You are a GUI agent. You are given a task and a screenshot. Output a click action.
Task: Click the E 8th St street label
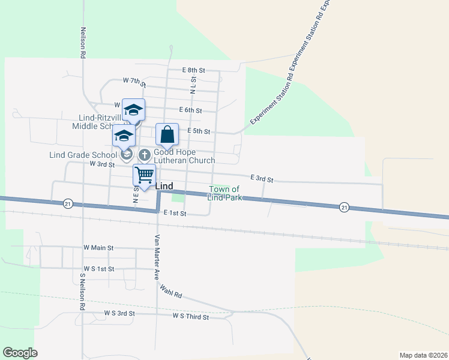[x=193, y=70]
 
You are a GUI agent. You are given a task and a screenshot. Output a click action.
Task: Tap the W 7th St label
[x=134, y=80]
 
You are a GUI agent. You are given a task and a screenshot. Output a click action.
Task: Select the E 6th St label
[x=190, y=110]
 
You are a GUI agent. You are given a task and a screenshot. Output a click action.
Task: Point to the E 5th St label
[x=199, y=131]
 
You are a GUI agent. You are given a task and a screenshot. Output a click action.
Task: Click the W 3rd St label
[x=101, y=164]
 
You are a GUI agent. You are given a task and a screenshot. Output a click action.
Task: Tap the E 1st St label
[x=175, y=213]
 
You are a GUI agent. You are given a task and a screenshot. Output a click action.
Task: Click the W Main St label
[x=98, y=247]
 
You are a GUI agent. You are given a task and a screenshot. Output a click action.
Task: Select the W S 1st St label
[x=99, y=269]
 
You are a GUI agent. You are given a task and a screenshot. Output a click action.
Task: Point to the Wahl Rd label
[x=170, y=292]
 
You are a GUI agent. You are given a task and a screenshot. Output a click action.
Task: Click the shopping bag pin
[x=167, y=135]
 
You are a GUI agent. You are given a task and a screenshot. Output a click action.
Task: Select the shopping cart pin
[x=144, y=175]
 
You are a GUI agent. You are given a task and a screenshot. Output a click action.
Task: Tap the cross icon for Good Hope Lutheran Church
[x=144, y=155]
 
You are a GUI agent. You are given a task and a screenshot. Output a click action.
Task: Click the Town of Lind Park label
[x=225, y=193]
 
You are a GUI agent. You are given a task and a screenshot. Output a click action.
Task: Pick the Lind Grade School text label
[x=83, y=155]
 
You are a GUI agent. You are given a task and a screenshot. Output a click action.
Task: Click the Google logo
[x=19, y=353]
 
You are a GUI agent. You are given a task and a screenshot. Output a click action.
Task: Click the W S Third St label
[x=190, y=316]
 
